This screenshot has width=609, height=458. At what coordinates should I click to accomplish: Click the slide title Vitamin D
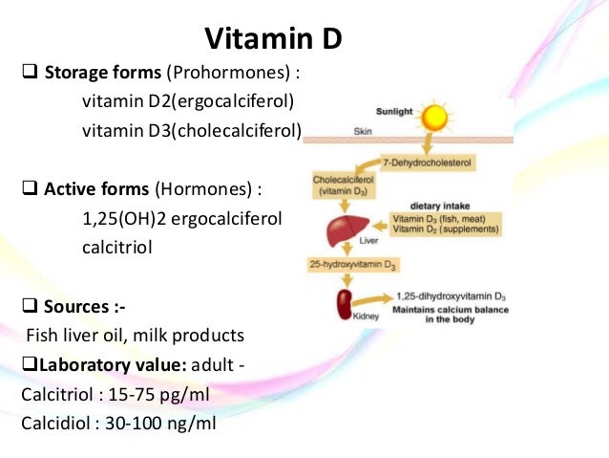point(273,39)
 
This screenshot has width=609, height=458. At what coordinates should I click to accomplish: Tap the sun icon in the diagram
point(435,118)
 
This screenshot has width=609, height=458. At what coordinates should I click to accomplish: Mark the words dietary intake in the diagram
point(438,206)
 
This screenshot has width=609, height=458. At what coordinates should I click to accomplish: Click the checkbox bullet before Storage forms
point(28,73)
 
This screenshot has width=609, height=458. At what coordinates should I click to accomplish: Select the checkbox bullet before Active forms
point(28,188)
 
